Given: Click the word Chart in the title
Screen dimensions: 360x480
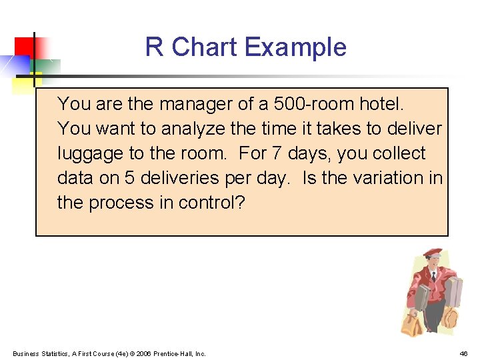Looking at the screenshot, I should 205,47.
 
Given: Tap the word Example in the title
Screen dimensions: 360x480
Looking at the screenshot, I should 295,47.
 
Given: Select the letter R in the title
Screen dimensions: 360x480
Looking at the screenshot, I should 154,47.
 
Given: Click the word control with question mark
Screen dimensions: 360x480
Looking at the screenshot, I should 211,202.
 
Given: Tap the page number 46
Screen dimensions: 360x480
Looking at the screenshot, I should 464,353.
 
